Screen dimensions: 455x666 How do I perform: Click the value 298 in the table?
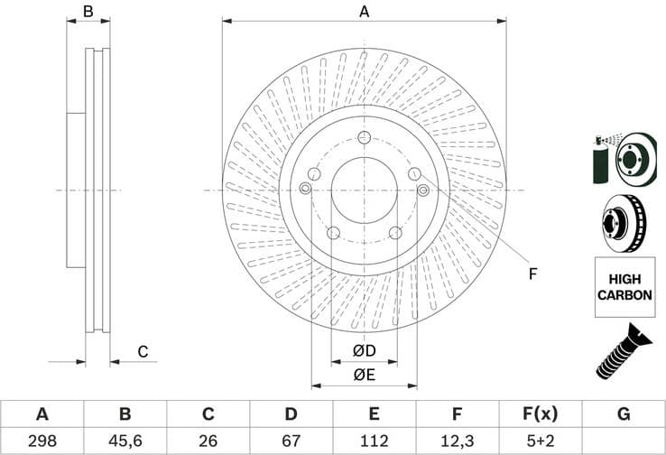coord(42,441)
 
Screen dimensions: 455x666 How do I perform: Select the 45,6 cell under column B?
coord(125,441)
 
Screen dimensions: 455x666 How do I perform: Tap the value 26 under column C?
coord(208,441)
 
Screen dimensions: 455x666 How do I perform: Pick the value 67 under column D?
coord(291,441)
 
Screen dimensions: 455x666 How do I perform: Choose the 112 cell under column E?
coord(374,441)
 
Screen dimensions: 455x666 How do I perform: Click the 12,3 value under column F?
coord(458,441)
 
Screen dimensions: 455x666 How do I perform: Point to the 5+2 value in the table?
coord(541,441)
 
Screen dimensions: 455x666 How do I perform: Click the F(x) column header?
coord(541,414)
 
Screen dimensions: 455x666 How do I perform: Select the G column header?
coord(624,414)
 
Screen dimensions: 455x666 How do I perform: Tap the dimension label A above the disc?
coord(365,12)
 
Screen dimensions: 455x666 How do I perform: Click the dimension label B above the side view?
coord(88,12)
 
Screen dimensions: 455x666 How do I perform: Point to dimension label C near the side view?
coord(143,352)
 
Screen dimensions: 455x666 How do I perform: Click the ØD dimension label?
coord(364,350)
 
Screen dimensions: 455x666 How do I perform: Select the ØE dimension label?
coord(364,374)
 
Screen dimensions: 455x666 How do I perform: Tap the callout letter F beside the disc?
coord(532,274)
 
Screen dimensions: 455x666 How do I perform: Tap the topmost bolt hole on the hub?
coord(364,137)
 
